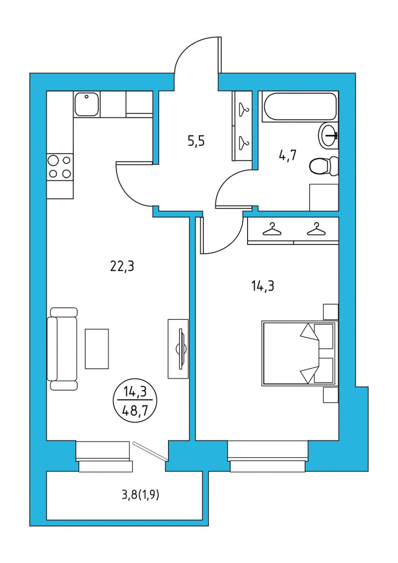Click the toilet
(323, 166)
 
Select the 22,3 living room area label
(122, 266)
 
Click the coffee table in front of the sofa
(97, 349)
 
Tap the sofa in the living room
(62, 349)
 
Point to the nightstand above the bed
(330, 312)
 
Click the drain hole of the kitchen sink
(87, 97)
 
